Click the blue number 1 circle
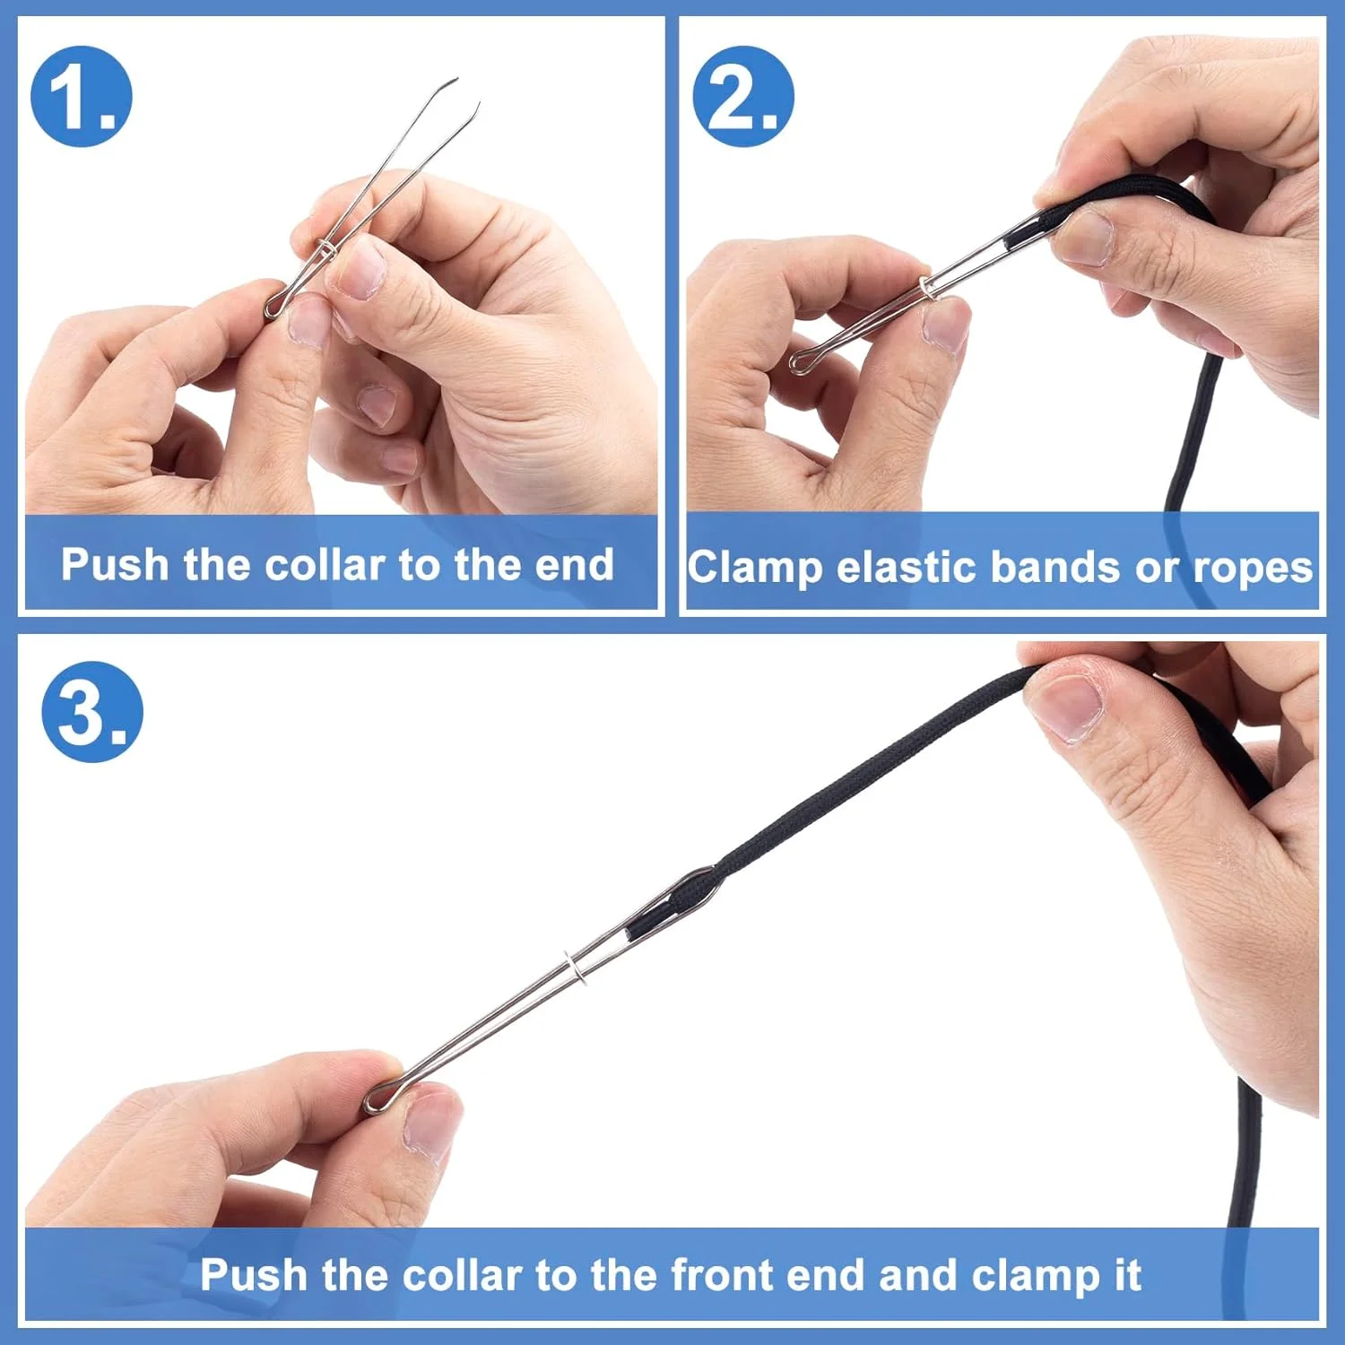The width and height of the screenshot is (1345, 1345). [82, 97]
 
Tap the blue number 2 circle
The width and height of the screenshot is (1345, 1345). [743, 97]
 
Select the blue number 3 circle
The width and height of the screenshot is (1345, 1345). [92, 712]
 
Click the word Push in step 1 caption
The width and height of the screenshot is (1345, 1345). [115, 565]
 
